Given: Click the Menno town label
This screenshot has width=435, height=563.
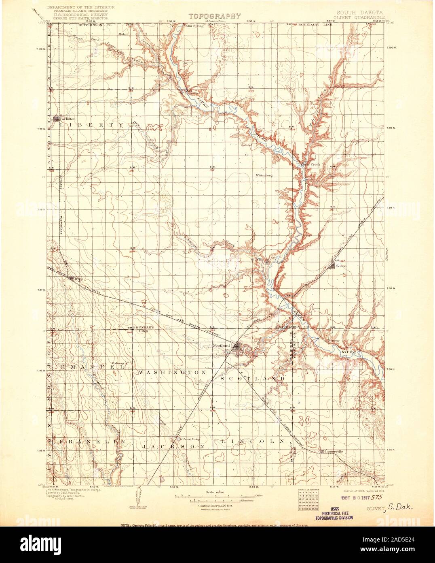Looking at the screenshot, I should [x=341, y=266].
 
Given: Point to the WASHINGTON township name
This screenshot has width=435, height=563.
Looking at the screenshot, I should [x=173, y=371].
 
